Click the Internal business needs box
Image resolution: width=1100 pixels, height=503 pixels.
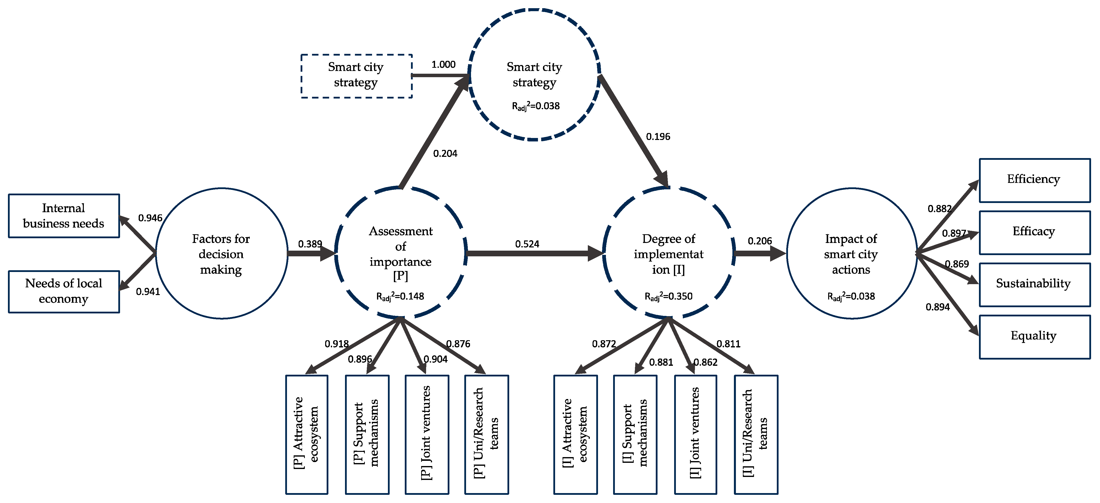[x=64, y=216]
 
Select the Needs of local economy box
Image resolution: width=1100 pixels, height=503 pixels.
[x=64, y=292]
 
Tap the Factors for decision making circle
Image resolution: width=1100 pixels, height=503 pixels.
[x=221, y=253]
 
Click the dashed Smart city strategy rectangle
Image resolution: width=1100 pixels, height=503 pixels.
[x=356, y=76]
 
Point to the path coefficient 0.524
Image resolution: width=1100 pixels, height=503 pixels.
[x=527, y=244]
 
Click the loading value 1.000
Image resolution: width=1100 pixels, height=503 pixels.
[x=443, y=65]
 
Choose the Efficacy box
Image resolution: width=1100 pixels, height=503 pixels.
[x=1034, y=232]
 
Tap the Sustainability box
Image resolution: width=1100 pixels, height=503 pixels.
[x=1034, y=284]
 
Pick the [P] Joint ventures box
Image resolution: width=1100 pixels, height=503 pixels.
[x=427, y=434]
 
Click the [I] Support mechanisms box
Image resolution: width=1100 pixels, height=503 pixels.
[x=635, y=434]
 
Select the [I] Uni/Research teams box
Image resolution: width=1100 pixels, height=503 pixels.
[x=755, y=434]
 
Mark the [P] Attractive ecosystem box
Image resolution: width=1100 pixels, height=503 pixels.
[x=307, y=434]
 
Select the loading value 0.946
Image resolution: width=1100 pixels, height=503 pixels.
[x=150, y=218]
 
